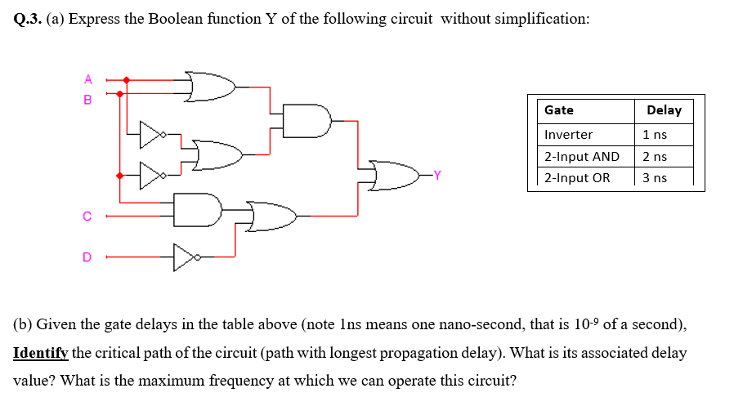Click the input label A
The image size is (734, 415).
click(88, 79)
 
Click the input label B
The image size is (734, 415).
click(88, 100)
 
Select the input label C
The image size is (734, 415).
click(87, 216)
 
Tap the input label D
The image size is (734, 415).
click(87, 257)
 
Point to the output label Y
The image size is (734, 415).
click(437, 175)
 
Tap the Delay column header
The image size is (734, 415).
click(664, 110)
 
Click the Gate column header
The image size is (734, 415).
click(559, 110)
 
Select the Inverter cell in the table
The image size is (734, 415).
click(569, 134)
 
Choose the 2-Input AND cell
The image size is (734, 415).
click(582, 156)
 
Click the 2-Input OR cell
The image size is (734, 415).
click(577, 177)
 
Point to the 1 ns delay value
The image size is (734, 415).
click(655, 134)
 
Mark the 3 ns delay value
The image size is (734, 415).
click(655, 177)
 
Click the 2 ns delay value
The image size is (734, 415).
click(655, 156)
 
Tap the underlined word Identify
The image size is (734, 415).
click(41, 353)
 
